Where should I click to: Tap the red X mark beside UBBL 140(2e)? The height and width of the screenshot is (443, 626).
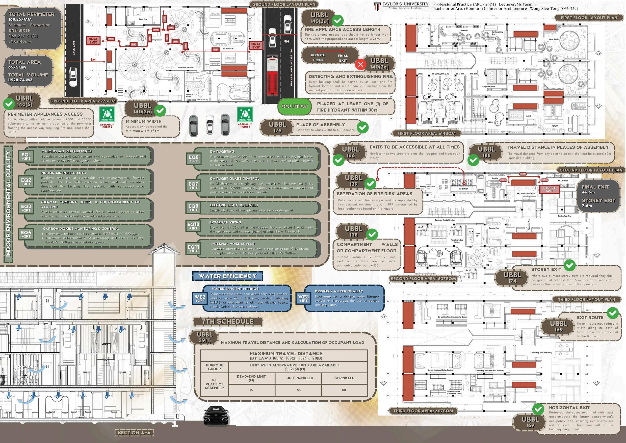pos(361,64)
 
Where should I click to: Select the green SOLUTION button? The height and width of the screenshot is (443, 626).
pos(295,106)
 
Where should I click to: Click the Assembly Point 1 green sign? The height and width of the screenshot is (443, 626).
pos(245,115)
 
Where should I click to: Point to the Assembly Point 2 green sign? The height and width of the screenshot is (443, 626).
pos(107,115)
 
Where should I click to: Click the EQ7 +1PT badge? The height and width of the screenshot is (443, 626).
pos(193,186)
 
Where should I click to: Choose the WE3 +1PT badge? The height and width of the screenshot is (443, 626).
pos(303,298)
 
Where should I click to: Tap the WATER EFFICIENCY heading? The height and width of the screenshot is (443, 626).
pos(227,276)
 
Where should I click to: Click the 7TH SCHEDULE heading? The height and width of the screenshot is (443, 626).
pos(227,321)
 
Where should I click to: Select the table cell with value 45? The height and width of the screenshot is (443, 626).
pos(298,390)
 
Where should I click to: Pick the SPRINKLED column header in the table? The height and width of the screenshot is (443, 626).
pos(344,378)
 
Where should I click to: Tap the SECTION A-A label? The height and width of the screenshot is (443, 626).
pos(134,433)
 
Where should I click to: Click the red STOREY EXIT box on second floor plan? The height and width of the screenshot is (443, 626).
pos(549,189)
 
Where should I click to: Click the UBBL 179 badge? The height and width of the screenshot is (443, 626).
pos(277,127)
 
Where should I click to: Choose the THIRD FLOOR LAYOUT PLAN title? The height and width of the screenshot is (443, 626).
pos(586,300)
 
